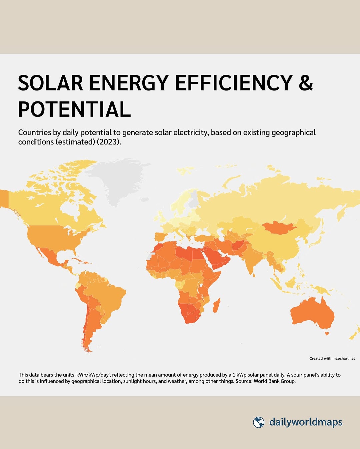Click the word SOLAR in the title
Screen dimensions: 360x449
click(51, 83)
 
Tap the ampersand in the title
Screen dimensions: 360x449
click(306, 83)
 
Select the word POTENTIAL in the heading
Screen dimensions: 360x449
click(74, 109)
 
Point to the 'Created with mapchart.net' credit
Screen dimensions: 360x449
click(332, 359)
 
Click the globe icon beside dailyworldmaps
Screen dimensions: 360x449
click(258, 422)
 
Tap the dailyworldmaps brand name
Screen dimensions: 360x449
click(306, 422)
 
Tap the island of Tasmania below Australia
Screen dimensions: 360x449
click(327, 334)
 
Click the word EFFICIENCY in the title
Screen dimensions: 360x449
click(233, 83)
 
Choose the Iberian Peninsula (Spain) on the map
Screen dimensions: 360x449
click(161, 237)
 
